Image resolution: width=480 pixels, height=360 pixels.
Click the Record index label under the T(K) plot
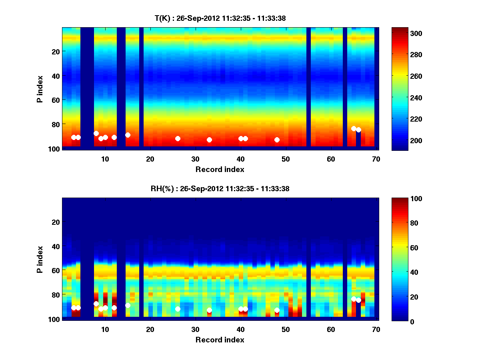[x=220, y=169]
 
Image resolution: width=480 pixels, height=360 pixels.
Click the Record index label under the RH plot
[x=220, y=340]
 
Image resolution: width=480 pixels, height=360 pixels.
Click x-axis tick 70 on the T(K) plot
[x=376, y=159]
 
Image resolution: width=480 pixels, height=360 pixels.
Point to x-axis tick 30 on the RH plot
[x=195, y=329]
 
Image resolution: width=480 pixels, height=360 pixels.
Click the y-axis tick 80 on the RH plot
[x=55, y=295]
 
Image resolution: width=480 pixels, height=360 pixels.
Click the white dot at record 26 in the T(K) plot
[x=178, y=138]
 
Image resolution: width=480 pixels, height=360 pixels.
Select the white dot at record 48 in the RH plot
[x=277, y=310]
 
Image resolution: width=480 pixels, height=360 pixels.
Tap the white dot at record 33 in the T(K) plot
[x=209, y=140]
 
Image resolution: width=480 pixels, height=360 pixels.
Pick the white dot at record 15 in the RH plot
[x=128, y=305]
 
